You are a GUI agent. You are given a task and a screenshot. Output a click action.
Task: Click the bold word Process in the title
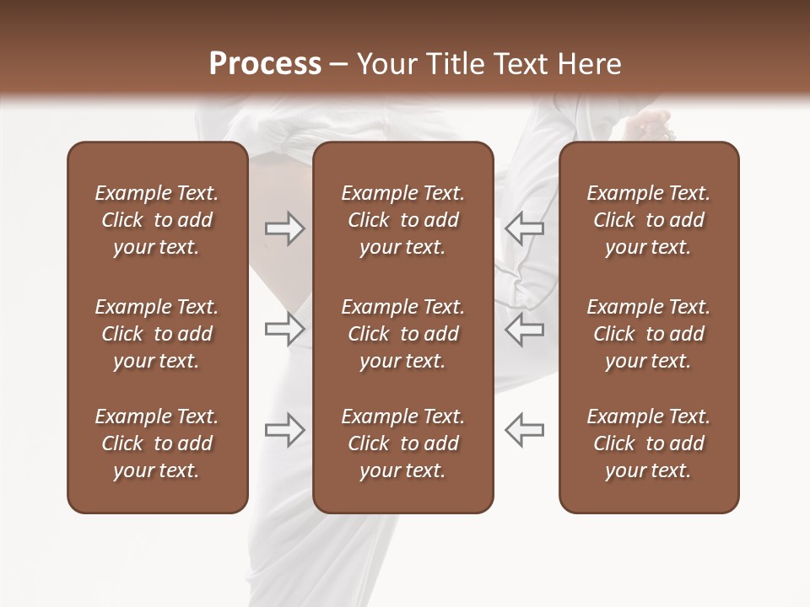click(265, 64)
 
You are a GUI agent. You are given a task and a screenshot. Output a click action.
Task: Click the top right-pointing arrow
click(284, 228)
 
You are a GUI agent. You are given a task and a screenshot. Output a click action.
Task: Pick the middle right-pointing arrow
click(284, 329)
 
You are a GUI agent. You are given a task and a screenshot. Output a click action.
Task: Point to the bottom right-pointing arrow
click(284, 430)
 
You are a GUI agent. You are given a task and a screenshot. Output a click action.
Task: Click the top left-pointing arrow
click(524, 228)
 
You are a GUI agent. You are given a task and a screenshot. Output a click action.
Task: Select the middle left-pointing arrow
click(524, 329)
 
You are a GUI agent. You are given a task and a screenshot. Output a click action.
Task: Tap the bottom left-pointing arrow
click(524, 430)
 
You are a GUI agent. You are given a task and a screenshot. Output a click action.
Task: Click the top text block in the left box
click(157, 220)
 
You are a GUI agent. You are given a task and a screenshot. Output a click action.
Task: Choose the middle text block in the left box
click(157, 334)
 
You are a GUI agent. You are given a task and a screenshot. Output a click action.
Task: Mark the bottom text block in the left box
click(157, 443)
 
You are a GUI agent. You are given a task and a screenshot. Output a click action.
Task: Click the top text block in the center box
click(402, 220)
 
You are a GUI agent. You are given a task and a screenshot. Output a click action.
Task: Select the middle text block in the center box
click(402, 334)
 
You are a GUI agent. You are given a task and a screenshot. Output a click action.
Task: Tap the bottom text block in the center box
click(402, 443)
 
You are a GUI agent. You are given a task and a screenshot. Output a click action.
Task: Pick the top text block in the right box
click(648, 220)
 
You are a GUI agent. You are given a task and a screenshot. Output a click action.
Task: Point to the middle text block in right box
click(648, 334)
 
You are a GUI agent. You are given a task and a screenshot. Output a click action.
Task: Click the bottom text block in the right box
click(648, 443)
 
